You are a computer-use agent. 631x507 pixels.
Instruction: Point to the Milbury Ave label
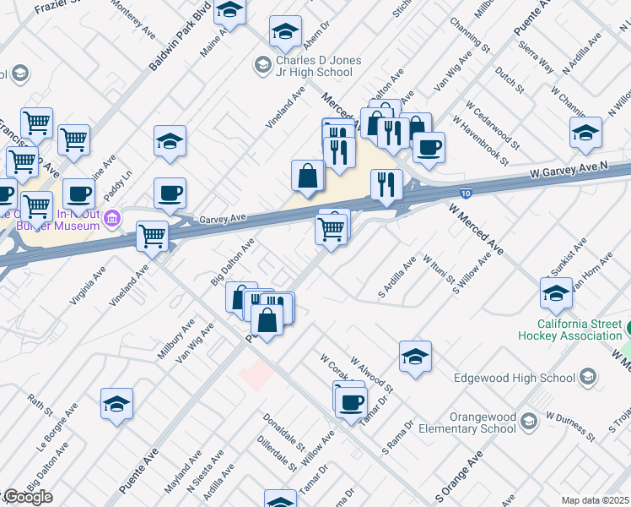tap(175, 339)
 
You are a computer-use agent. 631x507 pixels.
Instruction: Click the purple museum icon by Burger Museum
tap(112, 221)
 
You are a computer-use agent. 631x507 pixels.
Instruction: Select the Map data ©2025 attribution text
tap(595, 500)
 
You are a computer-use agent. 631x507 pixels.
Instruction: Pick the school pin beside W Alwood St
tap(415, 357)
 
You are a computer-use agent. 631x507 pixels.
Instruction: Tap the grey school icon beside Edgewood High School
tap(587, 377)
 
